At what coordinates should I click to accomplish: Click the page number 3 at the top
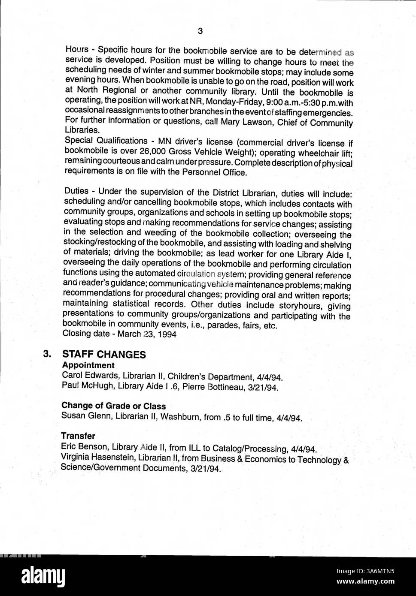(x=200, y=31)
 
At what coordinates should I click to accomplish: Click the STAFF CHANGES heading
(x=104, y=355)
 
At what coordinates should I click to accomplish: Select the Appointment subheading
(x=88, y=365)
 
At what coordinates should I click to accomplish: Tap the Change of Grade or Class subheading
(x=113, y=406)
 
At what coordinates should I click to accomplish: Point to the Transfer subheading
(x=78, y=436)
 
